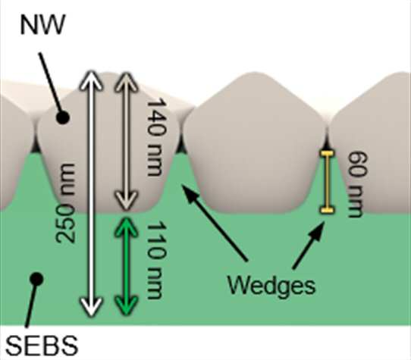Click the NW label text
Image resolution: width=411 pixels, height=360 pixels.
[42, 24]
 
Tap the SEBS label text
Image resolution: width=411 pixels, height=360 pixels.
[42, 346]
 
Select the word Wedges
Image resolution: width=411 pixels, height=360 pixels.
[271, 286]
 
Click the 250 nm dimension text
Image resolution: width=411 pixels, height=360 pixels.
[65, 203]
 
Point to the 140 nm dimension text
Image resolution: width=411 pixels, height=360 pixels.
[156, 137]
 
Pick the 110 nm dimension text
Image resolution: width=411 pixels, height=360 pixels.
[156, 260]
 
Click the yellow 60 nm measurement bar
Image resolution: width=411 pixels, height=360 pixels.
[327, 181]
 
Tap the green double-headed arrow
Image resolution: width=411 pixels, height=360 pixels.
[127, 266]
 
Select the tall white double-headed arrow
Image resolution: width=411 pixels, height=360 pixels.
[91, 193]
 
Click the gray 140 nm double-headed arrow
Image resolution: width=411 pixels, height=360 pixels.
[127, 142]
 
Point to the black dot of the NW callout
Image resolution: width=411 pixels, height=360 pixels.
[62, 117]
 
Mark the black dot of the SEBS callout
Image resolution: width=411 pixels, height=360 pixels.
[36, 279]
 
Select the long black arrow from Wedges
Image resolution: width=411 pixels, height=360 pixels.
[215, 223]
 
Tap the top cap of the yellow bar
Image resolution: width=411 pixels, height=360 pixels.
[327, 153]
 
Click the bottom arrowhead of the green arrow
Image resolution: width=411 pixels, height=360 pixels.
[127, 305]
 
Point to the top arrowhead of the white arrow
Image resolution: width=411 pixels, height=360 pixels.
[91, 80]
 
